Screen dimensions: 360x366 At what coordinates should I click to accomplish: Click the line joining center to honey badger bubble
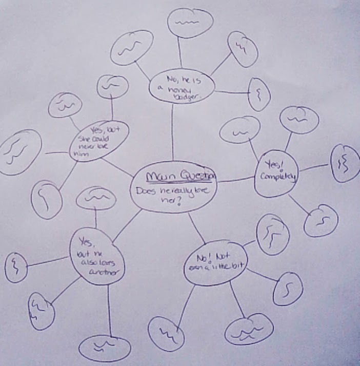(172, 133)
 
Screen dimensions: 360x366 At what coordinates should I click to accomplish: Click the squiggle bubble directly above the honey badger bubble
(191, 23)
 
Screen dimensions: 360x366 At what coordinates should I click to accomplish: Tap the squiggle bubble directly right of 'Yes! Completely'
(344, 163)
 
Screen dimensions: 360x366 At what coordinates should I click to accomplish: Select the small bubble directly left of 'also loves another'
(16, 266)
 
